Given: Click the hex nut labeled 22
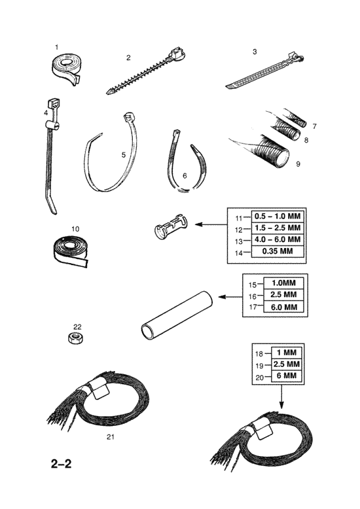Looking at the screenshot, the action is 77,338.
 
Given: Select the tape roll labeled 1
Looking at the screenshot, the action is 67,69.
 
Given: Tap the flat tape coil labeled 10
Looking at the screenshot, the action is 71,250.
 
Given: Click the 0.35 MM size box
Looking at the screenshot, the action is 278,251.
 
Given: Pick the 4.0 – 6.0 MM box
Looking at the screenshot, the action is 278,239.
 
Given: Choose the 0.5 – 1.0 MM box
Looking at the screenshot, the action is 278,217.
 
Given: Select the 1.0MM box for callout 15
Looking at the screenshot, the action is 283,283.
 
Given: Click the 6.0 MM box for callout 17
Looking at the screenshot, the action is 283,307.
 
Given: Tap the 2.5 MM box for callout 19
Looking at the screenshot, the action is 286,364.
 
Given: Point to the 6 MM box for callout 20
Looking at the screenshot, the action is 286,376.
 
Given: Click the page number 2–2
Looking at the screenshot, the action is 61,464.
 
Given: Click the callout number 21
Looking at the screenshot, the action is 111,437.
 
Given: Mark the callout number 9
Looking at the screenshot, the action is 298,164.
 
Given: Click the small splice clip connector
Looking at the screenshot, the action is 171,226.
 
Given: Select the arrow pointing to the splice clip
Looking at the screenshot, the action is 211,224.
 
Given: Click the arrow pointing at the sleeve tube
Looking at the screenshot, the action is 230,297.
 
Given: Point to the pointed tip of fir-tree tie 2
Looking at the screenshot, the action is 107,93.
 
